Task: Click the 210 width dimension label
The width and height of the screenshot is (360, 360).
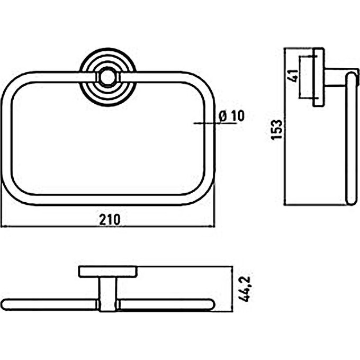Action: [110, 220]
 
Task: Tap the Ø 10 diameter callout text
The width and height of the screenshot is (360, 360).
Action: [232, 116]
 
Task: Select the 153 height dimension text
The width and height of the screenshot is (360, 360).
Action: [276, 130]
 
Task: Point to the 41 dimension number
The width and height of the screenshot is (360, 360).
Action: [294, 76]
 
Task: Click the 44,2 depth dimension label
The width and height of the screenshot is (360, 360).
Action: [244, 289]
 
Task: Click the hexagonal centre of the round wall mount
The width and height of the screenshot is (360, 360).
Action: [107, 77]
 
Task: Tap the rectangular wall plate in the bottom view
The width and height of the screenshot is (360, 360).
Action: [108, 272]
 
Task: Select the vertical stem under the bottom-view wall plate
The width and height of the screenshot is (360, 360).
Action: [108, 294]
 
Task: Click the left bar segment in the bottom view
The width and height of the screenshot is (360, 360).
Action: [50, 304]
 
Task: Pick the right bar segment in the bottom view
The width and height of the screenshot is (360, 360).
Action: [166, 304]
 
